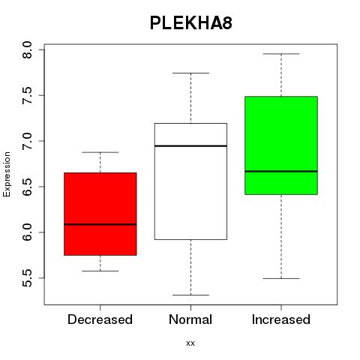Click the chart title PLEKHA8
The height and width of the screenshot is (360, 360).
[191, 23]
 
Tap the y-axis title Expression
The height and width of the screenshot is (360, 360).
[7, 175]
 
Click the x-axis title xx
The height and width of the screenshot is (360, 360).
[190, 343]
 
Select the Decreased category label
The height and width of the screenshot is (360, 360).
[100, 319]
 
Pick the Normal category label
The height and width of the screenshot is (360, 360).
[190, 319]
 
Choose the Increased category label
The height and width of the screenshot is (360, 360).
[281, 319]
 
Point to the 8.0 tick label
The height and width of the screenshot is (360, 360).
[27, 49]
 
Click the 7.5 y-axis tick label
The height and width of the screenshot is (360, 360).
[27, 95]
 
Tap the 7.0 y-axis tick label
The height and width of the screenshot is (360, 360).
[27, 141]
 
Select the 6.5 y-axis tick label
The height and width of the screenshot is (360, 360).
[27, 187]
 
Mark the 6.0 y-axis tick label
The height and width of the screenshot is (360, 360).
[27, 232]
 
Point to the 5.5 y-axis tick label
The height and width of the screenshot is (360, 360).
[27, 278]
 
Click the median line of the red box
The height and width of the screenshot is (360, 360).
[100, 224]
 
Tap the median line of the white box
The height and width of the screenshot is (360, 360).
[190, 145]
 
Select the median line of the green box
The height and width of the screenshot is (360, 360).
[281, 171]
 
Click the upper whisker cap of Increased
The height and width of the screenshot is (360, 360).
[281, 54]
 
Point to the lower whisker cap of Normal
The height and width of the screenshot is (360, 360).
[190, 295]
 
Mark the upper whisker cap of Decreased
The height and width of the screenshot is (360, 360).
[100, 152]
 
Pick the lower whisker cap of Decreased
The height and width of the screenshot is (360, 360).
[100, 271]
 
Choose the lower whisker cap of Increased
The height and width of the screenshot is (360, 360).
[281, 278]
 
